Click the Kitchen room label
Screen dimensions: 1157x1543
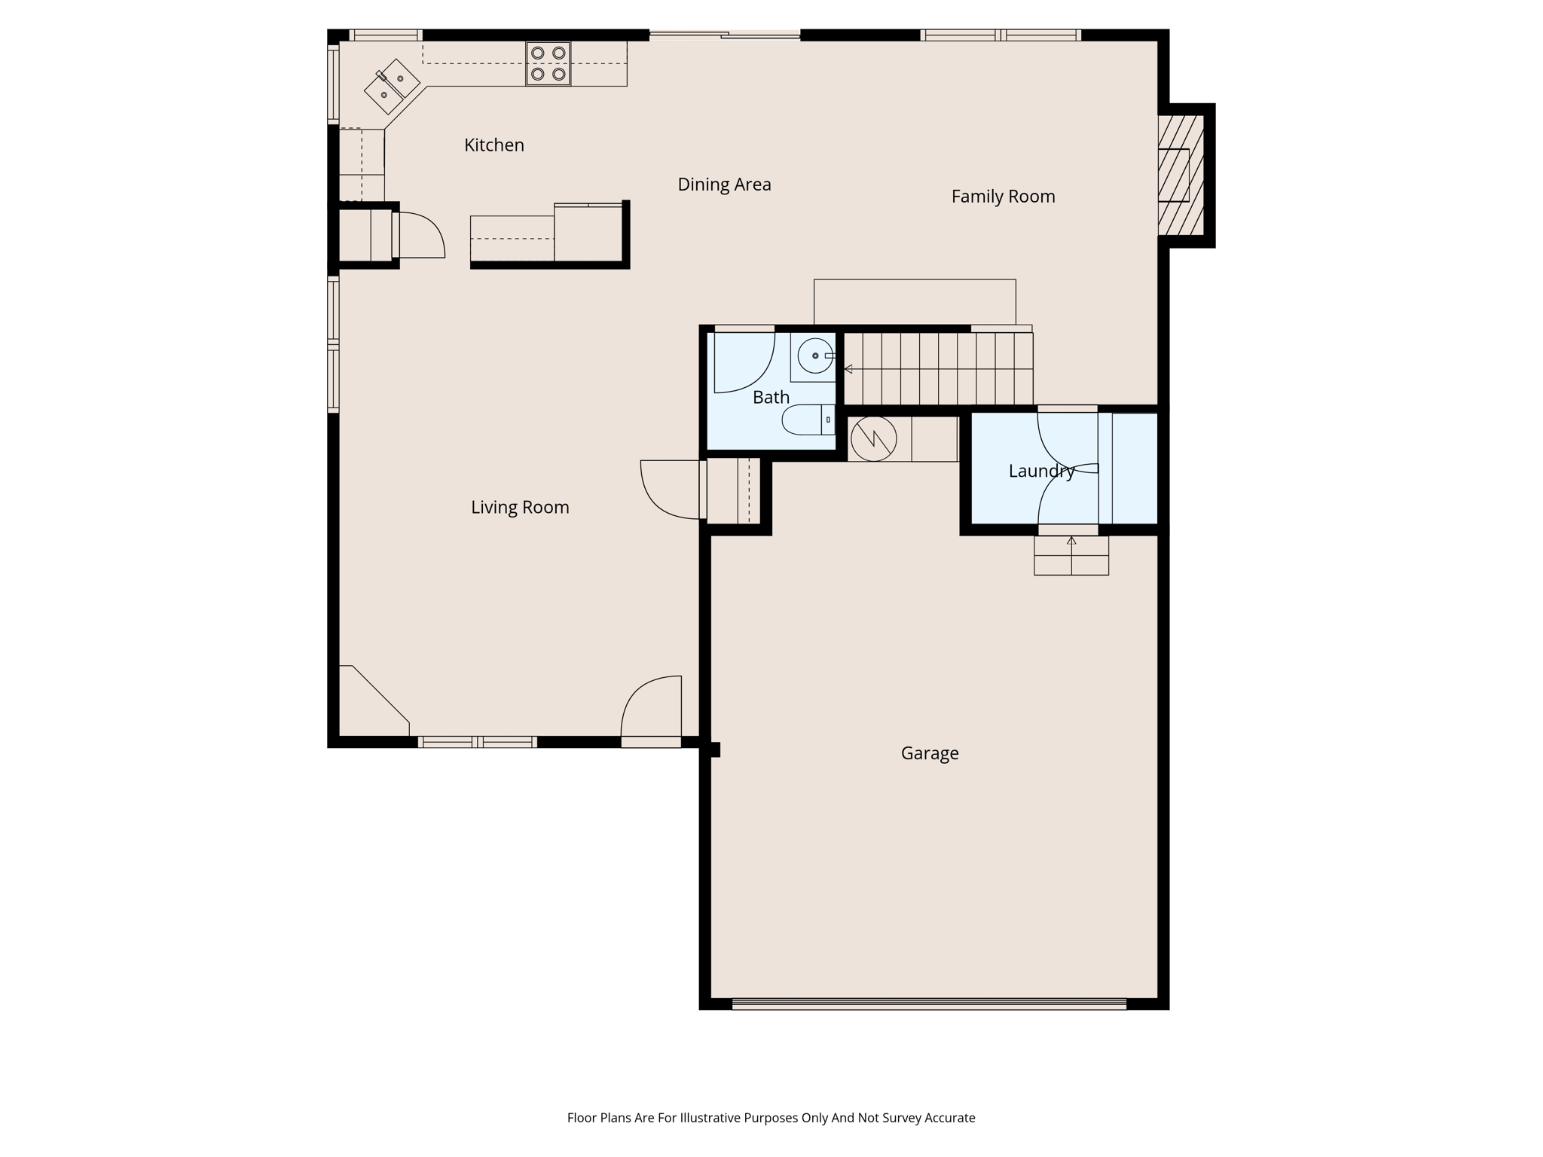[x=493, y=145]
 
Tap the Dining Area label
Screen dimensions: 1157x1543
[x=724, y=185]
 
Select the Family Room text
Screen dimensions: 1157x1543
[x=1003, y=197]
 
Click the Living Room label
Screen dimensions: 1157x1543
[x=520, y=508]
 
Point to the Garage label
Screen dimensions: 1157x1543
[x=930, y=753]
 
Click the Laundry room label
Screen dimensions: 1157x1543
[x=1041, y=472]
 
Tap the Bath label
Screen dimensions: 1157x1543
[x=771, y=397]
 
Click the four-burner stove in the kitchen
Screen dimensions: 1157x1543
[x=548, y=63]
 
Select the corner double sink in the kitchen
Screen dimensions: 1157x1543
[x=392, y=87]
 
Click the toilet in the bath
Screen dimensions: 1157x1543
[x=808, y=420]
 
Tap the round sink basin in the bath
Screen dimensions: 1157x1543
[x=814, y=356]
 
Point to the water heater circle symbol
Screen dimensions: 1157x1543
[x=873, y=438]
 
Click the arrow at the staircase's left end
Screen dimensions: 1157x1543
[x=848, y=369]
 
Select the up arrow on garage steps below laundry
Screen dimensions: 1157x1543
[x=1071, y=541]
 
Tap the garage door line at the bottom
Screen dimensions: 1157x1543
[x=928, y=1003]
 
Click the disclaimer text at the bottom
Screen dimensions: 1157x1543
[x=771, y=1118]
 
